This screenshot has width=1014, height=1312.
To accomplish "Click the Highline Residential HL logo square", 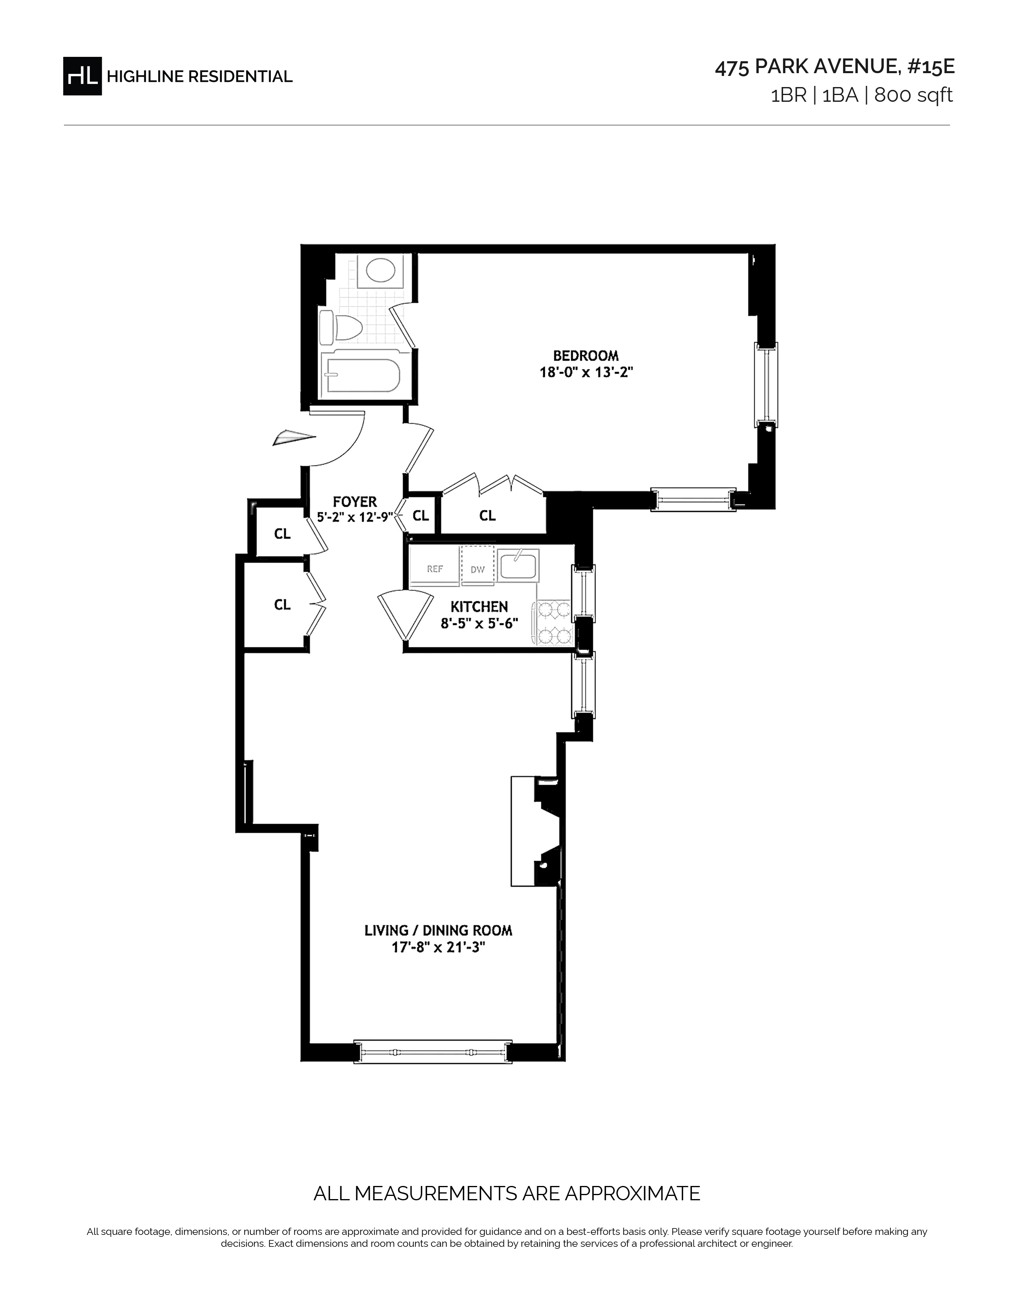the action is [x=82, y=76].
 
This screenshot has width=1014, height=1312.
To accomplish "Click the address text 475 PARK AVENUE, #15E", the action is [x=834, y=67].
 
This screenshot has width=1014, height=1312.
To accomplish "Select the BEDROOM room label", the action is [x=586, y=356].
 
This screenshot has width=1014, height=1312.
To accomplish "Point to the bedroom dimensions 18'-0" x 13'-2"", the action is [x=586, y=372].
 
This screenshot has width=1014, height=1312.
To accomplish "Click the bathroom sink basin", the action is [x=380, y=271].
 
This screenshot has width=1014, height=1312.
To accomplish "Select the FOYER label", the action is [x=355, y=502].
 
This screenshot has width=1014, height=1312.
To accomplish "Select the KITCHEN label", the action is [x=480, y=607].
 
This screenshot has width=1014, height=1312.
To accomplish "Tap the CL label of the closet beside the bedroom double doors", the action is [x=487, y=515].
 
